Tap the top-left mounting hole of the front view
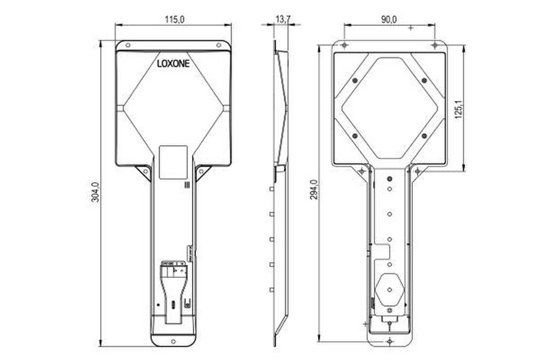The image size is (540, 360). (122, 45)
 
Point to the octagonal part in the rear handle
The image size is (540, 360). (389, 289)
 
